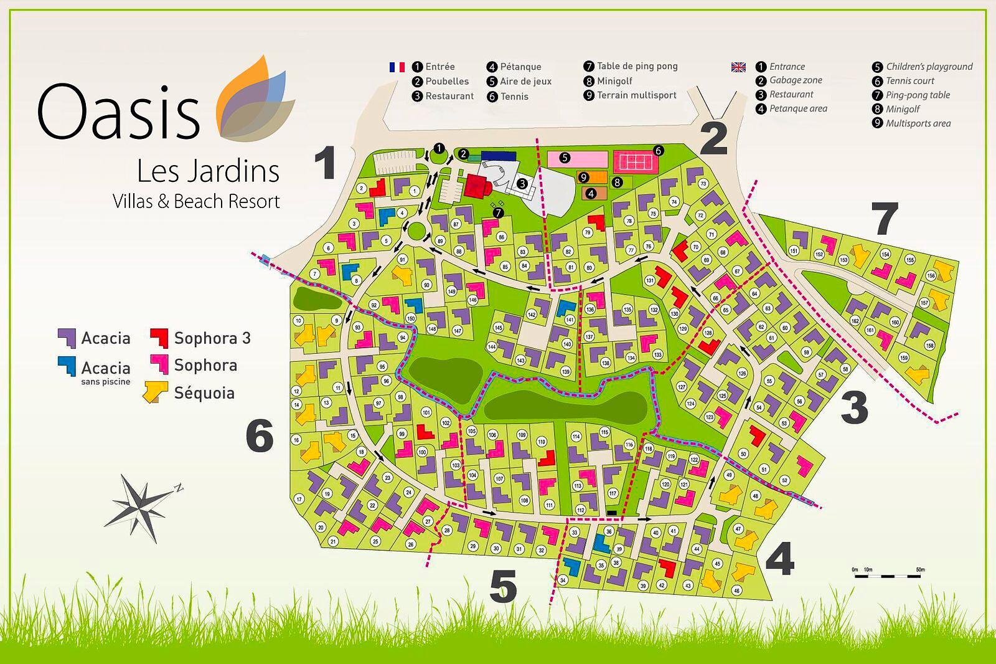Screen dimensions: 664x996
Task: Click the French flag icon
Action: (397, 67)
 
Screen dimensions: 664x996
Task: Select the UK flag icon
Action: (738, 67)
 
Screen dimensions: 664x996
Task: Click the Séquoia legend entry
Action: (190, 393)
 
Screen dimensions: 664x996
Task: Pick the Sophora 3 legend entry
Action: (200, 338)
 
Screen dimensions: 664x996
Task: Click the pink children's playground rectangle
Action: (577, 158)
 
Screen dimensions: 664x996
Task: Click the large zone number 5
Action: (504, 587)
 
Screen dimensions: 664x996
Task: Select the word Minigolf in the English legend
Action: (903, 109)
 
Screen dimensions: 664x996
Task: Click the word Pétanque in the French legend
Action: (520, 67)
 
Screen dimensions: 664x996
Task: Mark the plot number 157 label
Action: (924, 303)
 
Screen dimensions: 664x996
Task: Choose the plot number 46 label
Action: (736, 590)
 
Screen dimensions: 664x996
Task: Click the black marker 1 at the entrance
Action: (439, 148)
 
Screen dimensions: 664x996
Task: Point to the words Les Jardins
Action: (207, 171)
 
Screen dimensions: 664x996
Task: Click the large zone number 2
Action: (713, 140)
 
